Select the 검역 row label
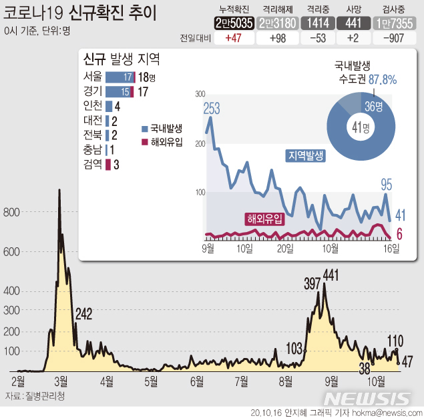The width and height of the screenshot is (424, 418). coord(93,165)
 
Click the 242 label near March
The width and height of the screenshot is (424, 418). coord(83,314)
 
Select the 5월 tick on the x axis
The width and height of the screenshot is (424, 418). coord(151,381)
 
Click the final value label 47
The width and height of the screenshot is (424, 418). coord(407,361)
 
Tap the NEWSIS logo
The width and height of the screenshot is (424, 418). coord(368,399)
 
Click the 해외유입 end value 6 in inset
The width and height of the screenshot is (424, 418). coord(399,234)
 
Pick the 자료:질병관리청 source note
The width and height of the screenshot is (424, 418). coord(35,396)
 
